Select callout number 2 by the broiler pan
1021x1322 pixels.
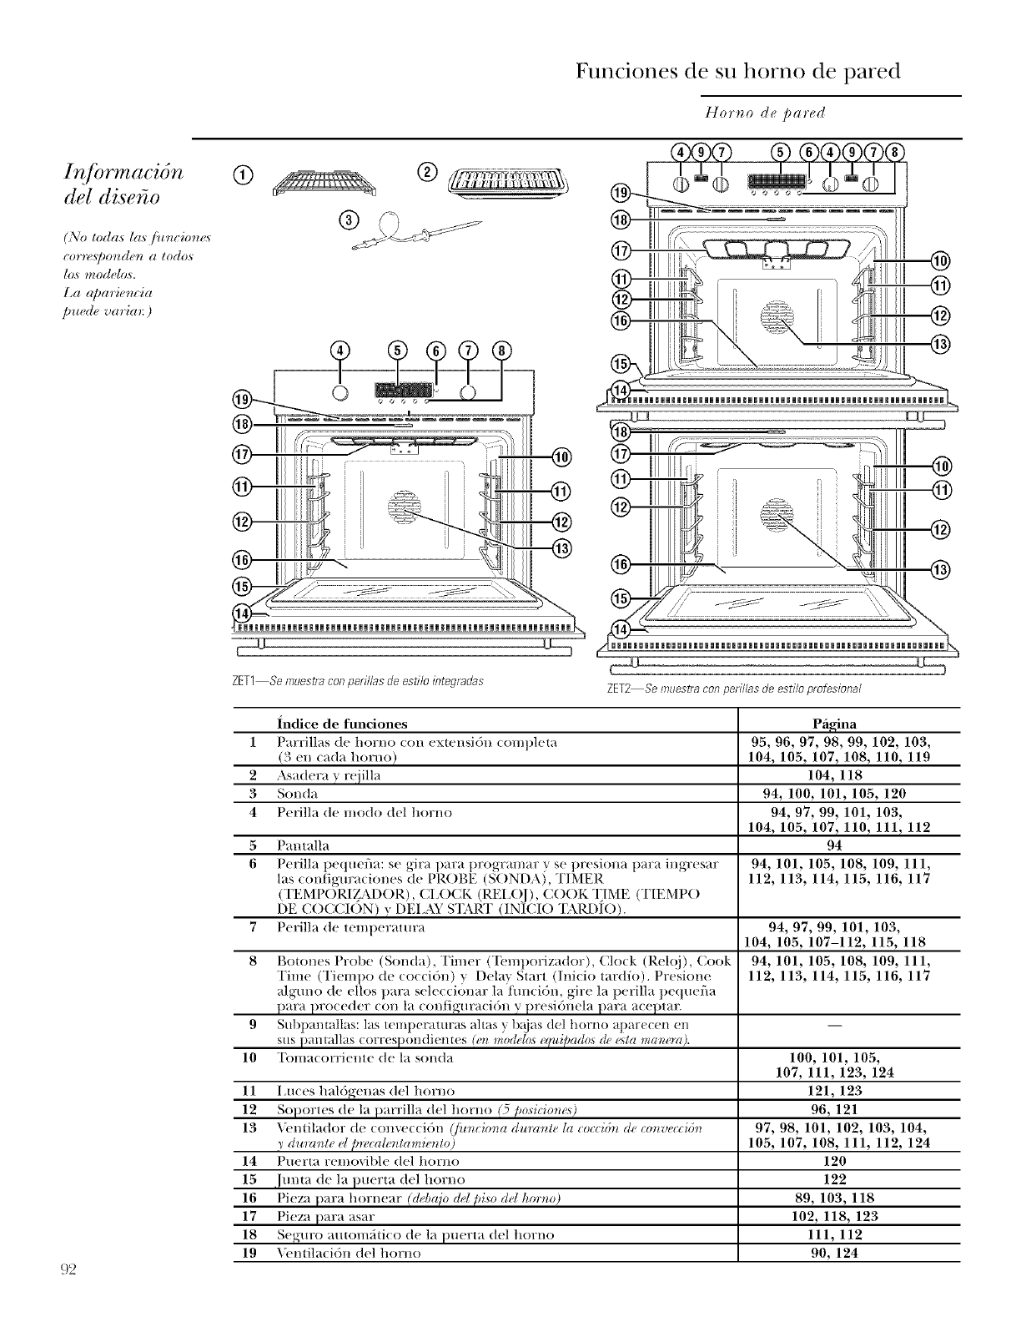pyautogui.click(x=426, y=173)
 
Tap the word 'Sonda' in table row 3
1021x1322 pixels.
pyautogui.click(x=298, y=793)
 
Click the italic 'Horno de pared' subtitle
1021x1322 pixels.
pyautogui.click(x=765, y=112)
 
